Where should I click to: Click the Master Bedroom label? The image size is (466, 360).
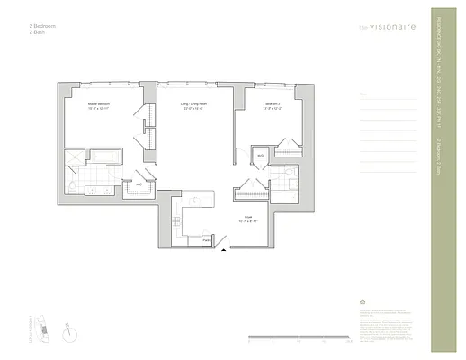[99, 106]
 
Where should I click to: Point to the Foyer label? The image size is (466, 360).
[248, 219]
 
